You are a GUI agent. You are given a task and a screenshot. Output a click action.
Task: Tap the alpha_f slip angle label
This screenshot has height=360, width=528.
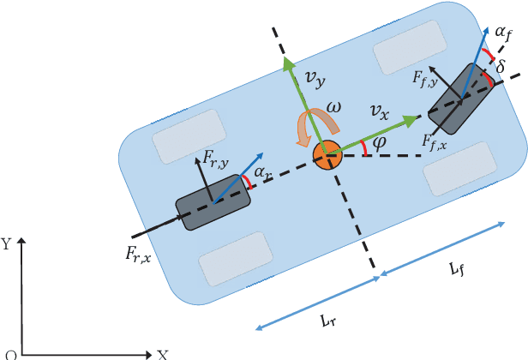(x=505, y=33)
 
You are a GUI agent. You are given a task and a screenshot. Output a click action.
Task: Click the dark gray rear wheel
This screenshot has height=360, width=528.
(x=213, y=202)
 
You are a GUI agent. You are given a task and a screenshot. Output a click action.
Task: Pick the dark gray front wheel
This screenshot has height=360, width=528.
(x=459, y=101)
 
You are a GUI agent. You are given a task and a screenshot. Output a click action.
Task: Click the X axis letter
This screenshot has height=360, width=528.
(x=161, y=353)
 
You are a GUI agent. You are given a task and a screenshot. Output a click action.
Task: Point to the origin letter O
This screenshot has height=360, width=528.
(x=10, y=353)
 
